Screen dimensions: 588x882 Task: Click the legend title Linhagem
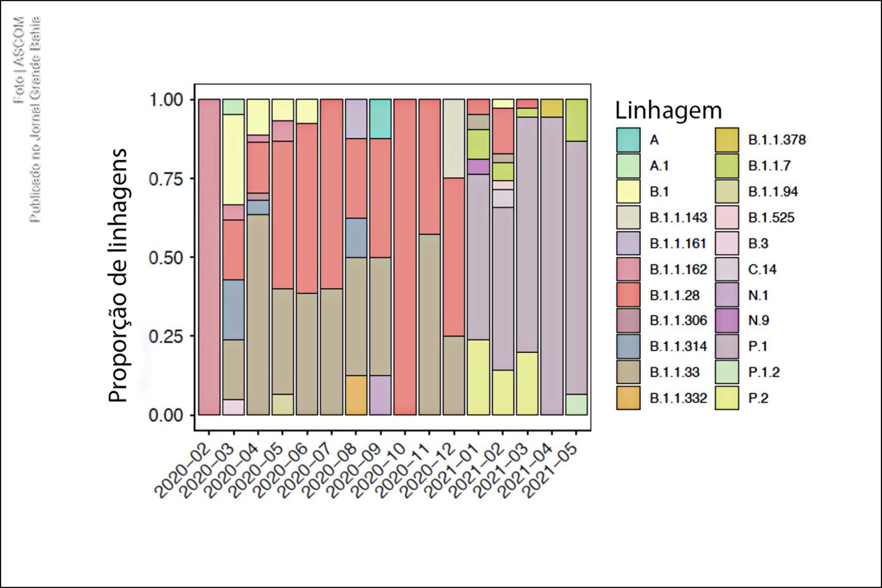[668, 110]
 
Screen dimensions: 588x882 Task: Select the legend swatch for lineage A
[628, 140]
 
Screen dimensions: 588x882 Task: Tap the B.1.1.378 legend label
[776, 140]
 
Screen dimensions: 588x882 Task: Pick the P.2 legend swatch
[727, 398]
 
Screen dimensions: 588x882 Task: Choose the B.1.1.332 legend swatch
[628, 398]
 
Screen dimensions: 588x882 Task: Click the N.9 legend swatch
[727, 320]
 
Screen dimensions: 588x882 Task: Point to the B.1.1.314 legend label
[678, 346]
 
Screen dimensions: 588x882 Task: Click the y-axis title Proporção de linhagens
[118, 276]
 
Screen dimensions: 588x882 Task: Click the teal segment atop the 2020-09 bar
[381, 119]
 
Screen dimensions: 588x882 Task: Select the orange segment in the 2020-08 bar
[356, 395]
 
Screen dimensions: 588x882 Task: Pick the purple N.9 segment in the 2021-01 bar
[478, 167]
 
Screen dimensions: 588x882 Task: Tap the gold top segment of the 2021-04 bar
[552, 108]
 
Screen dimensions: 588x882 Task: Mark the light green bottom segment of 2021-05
[577, 404]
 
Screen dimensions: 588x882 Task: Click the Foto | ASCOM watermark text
[19, 60]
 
